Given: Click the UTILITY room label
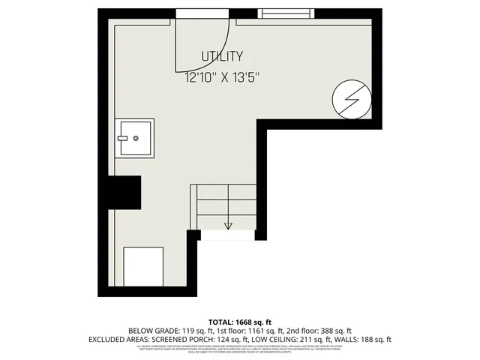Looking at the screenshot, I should pos(222,56).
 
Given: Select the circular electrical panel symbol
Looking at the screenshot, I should pos(352,99).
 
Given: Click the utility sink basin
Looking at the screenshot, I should pos(135,137).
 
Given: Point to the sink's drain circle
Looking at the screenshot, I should pos(136,138).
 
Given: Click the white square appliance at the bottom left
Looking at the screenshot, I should pos(143,267).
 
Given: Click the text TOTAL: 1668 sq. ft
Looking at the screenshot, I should pos(238,321).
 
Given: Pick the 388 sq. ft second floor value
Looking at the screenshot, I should pos(335,331).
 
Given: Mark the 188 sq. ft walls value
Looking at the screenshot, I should pos(376,340).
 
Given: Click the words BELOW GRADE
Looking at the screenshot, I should pos(154,331).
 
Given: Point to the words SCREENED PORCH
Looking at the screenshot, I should pos(182,340).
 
